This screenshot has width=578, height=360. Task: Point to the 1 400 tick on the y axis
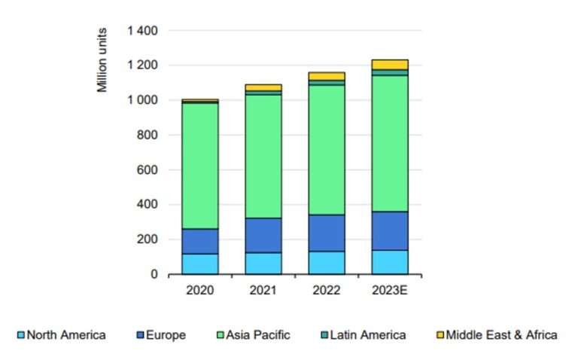point(142,31)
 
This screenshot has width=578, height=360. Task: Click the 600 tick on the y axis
point(149,170)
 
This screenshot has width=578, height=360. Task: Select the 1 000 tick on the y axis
point(142,100)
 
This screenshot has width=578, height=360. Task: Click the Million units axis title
point(102,60)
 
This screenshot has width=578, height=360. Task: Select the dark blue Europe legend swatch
point(141,334)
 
